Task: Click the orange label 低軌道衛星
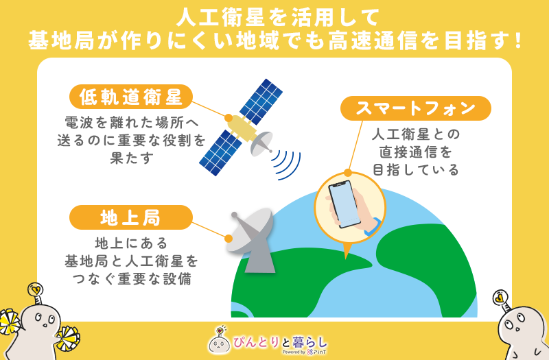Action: click(x=131, y=97)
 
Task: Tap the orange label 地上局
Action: click(x=131, y=217)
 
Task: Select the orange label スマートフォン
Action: click(x=416, y=108)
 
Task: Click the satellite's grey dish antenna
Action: click(x=261, y=144)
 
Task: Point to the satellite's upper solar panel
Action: click(x=261, y=101)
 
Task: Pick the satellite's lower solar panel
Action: click(x=220, y=153)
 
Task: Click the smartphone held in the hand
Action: click(x=344, y=204)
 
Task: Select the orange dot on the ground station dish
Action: click(x=229, y=239)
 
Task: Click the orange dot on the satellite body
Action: click(x=229, y=118)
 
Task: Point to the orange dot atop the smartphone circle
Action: click(x=348, y=173)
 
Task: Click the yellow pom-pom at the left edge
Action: click(x=10, y=322)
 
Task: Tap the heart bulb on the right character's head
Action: click(x=500, y=298)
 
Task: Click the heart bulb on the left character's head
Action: click(x=36, y=290)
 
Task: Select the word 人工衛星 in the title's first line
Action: click(x=220, y=18)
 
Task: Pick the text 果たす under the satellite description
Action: click(x=132, y=158)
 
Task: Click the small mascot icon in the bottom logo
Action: click(x=219, y=341)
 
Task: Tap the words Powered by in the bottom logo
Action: click(x=294, y=352)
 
